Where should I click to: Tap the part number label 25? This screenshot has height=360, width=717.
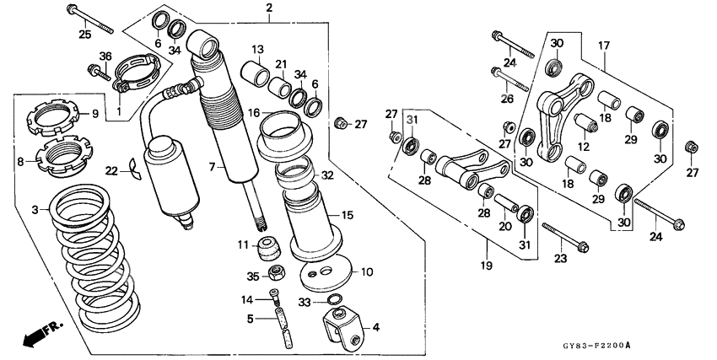tap(84, 34)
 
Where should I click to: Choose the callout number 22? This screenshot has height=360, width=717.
tap(111, 171)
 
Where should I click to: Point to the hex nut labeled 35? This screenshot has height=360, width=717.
tap(275, 274)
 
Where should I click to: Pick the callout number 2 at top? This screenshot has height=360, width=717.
tap(269, 9)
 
